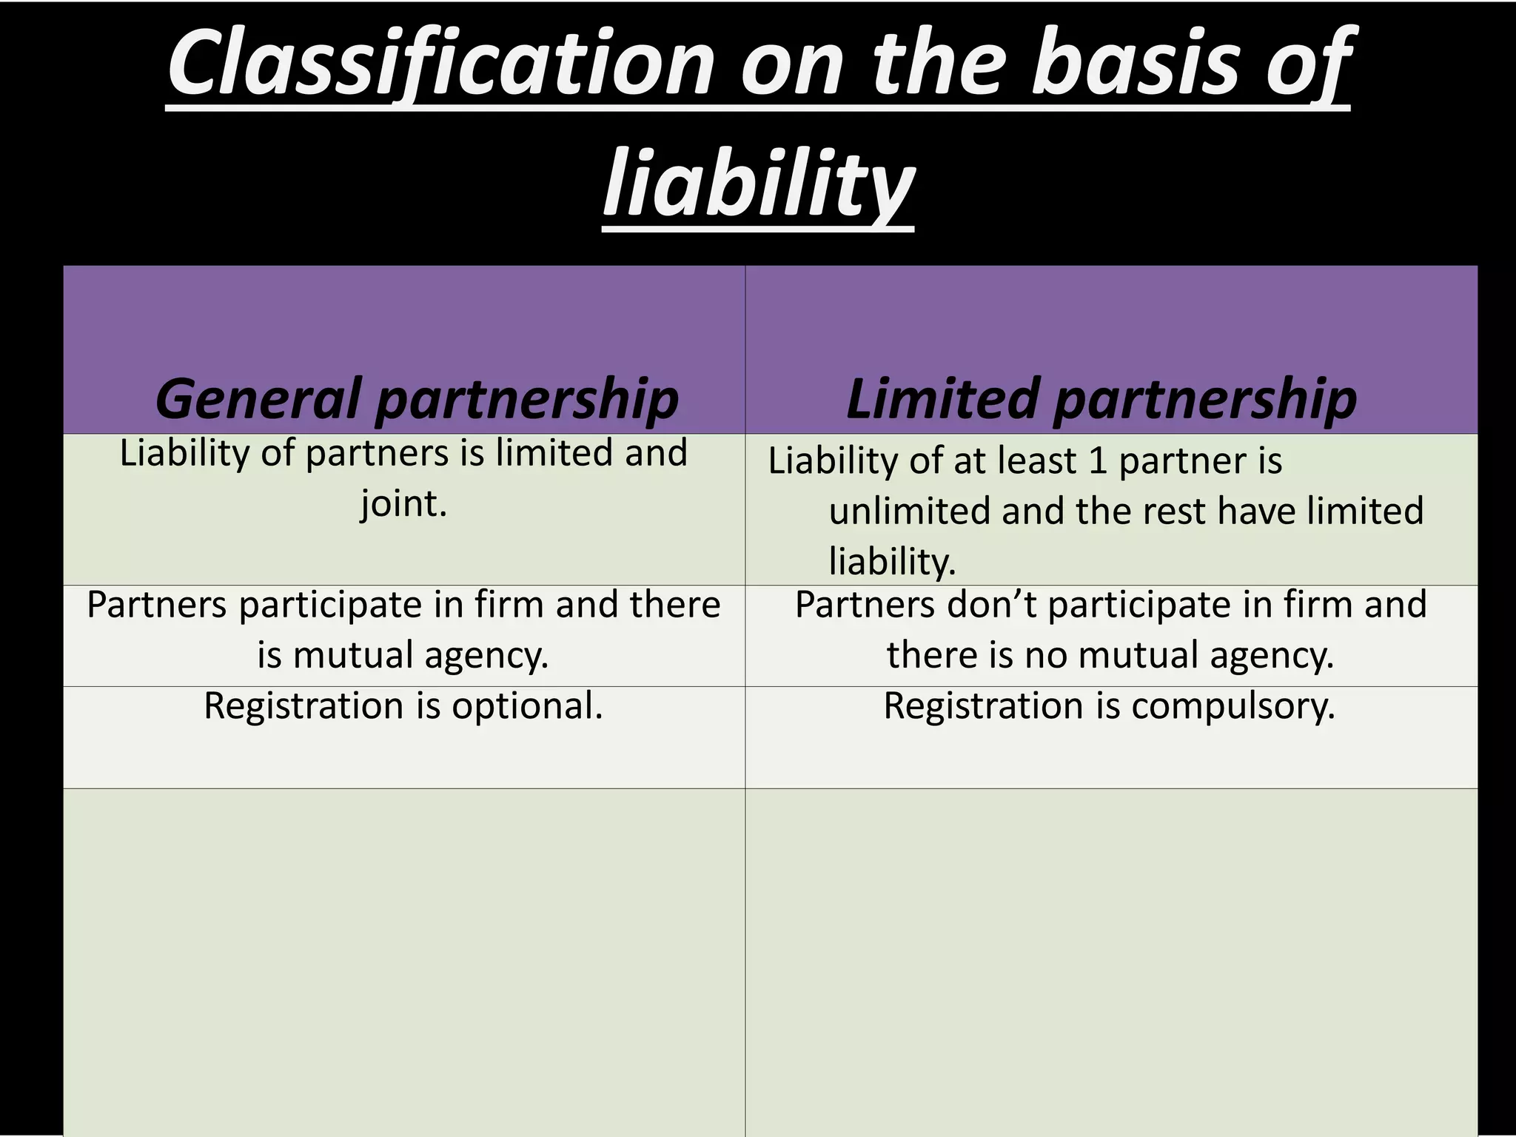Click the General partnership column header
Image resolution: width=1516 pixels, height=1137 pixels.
click(417, 398)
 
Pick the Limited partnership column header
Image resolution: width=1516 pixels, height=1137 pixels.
click(1101, 398)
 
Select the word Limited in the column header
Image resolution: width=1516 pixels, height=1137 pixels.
click(940, 398)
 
